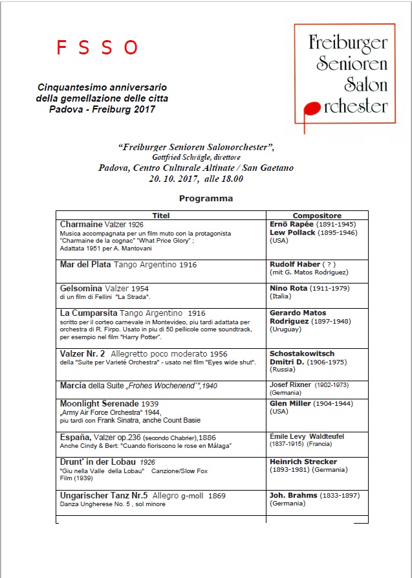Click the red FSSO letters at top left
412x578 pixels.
(97, 47)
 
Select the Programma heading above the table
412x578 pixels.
(206, 198)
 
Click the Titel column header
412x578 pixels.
(160, 216)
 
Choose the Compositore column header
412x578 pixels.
(317, 216)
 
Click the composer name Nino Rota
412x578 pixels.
(288, 287)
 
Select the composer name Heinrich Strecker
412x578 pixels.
(303, 461)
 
